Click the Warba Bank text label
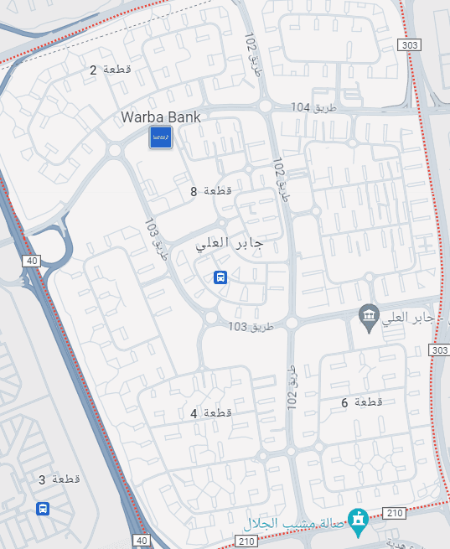point(161,117)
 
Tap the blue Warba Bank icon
point(161,137)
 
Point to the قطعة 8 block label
point(211,192)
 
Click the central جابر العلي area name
point(230,245)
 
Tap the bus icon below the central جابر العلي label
point(220,277)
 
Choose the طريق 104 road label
point(312,108)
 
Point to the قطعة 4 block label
point(211,413)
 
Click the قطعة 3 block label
point(59,480)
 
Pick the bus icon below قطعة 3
point(42,508)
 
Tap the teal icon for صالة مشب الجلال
point(359,521)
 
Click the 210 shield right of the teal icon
point(393,512)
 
